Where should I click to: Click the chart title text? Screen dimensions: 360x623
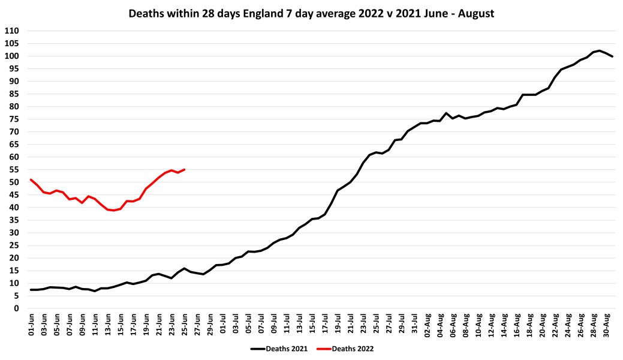pos(311,13)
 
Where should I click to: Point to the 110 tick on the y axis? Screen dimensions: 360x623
pos(12,31)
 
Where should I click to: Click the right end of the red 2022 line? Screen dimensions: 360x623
pos(184,169)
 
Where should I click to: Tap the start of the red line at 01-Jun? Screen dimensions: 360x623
pos(31,179)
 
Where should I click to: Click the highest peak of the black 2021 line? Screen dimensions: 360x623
pos(599,50)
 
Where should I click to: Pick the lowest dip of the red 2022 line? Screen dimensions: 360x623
pos(114,211)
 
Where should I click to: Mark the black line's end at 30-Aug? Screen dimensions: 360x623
pos(612,56)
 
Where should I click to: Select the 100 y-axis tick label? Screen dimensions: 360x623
pos(12,56)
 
